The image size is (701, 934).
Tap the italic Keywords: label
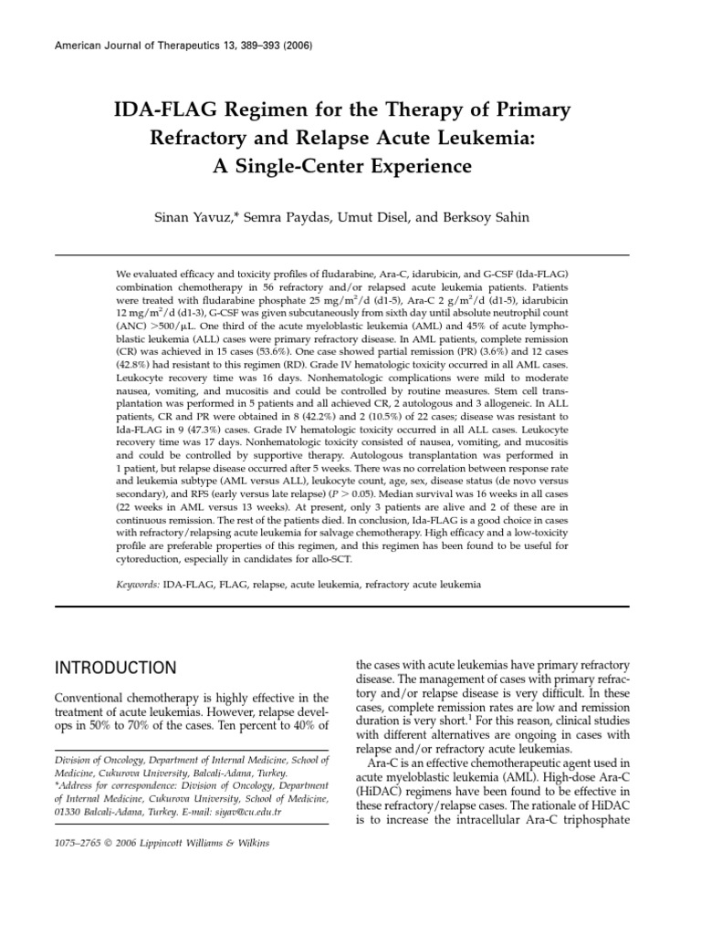tap(138, 582)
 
